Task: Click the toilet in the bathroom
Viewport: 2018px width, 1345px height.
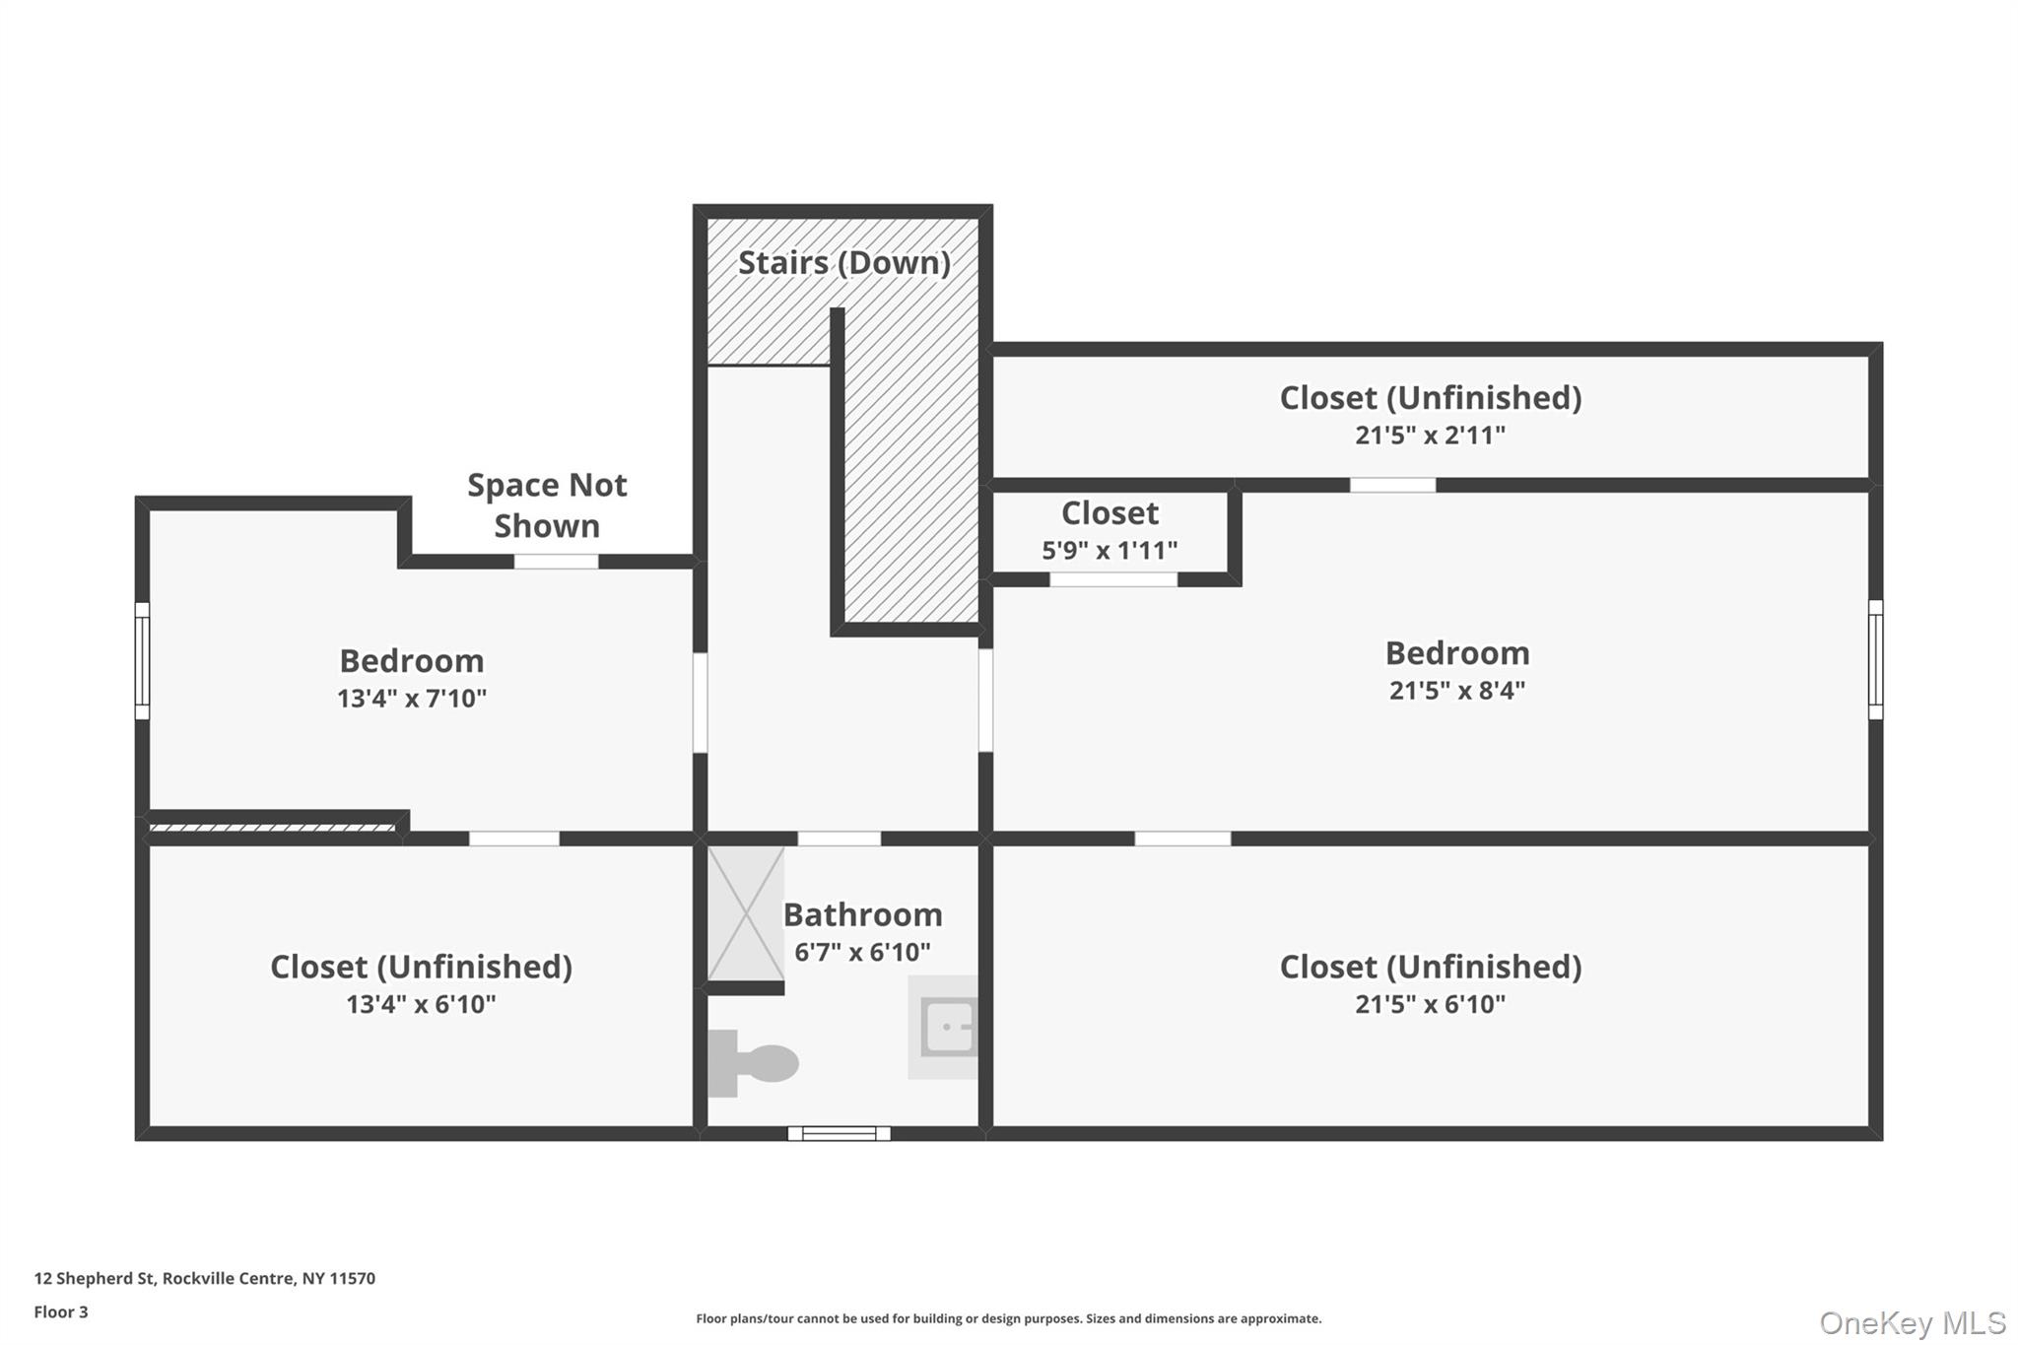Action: click(x=753, y=1063)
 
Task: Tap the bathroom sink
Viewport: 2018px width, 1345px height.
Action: click(x=943, y=1027)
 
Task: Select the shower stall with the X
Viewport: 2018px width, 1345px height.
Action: click(x=746, y=913)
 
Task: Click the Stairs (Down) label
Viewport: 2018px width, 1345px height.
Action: click(x=844, y=263)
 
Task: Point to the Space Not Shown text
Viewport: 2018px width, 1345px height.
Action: click(x=547, y=505)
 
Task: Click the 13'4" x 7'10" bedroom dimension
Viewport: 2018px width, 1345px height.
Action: click(x=412, y=699)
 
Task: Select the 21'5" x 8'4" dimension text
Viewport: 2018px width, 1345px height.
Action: click(x=1457, y=691)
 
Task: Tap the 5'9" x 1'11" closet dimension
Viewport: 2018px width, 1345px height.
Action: click(x=1110, y=550)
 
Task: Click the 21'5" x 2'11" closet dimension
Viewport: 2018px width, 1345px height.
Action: click(x=1430, y=436)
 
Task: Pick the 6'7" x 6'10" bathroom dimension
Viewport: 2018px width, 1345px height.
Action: click(x=862, y=952)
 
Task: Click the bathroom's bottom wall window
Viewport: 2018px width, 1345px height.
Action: click(x=839, y=1134)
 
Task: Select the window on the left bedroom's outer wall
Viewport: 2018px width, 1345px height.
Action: click(x=142, y=661)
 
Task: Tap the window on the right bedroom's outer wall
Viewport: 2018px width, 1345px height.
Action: click(x=1876, y=659)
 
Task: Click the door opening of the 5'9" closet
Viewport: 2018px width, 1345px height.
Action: click(x=1113, y=579)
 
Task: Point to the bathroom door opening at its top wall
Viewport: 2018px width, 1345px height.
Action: click(x=839, y=839)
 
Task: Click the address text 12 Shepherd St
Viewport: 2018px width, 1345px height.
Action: click(x=95, y=1279)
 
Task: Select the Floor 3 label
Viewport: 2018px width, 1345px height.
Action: click(x=61, y=1312)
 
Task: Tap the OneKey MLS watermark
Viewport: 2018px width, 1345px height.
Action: click(x=1913, y=1322)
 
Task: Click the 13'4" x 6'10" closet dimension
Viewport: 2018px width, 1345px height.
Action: click(x=421, y=1004)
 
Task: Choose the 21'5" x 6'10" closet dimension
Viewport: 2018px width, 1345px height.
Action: click(x=1430, y=1004)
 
